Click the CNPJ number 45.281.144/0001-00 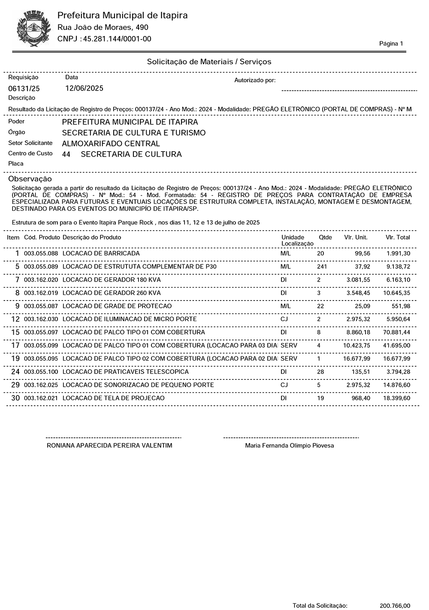pos(117,39)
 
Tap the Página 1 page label pos(391,44)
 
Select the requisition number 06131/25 pos(24,89)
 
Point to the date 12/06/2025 pos(84,88)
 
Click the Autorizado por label pos(255,81)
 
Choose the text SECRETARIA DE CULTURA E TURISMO pos(133,133)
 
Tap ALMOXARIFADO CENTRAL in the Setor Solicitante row pos(111,144)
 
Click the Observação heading pos(30,179)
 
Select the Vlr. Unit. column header pos(356,237)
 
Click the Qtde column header pos(325,237)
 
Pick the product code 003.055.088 pos(41,254)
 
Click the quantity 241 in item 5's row pos(322,267)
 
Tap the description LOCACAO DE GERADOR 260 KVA pos(112,293)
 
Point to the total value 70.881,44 pos(397,333)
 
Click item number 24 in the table pos(15,372)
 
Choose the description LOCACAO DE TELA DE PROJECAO pos(113,398)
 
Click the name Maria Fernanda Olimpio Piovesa pos(289,446)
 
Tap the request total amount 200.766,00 pos(395,606)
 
